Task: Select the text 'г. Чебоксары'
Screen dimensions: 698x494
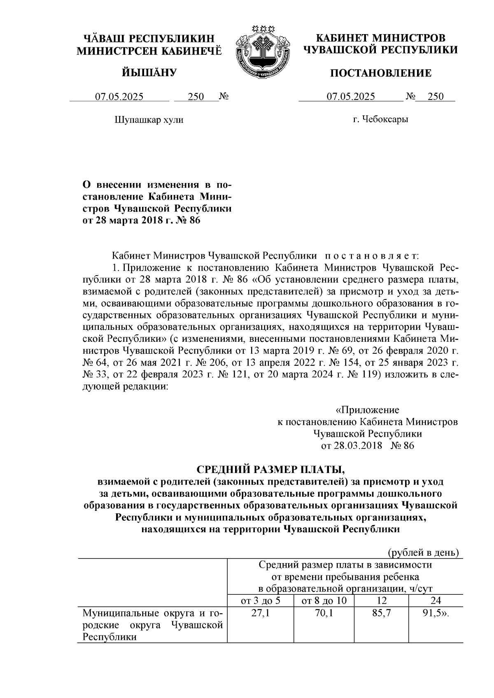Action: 380,120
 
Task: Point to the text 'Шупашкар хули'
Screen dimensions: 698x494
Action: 148,120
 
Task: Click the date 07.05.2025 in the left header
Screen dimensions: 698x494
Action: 119,97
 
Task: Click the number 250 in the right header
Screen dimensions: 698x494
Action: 436,97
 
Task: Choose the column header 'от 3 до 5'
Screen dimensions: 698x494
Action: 260,601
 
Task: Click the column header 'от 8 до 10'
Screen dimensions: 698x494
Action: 324,601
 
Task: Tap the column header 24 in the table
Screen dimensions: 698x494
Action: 436,601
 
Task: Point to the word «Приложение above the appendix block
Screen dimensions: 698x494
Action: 368,410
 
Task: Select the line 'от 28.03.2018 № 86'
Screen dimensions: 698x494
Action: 368,446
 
